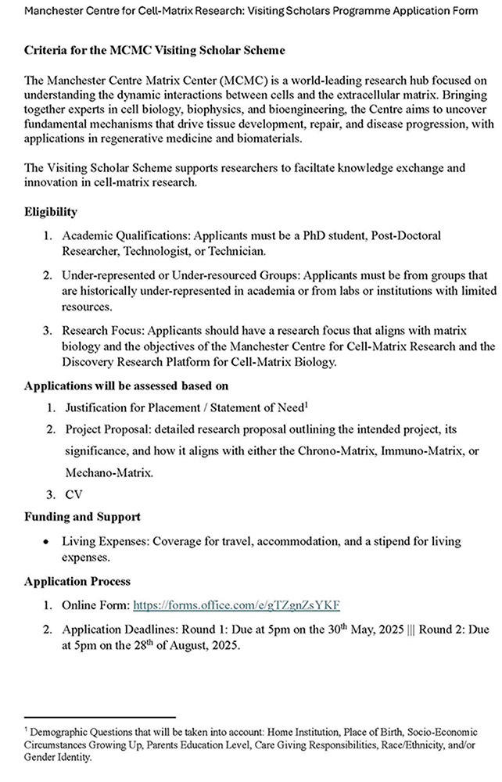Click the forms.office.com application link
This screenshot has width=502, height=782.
pos(237,605)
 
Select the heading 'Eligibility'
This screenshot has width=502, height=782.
pos(50,212)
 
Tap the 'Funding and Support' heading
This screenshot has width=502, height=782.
pos(82,517)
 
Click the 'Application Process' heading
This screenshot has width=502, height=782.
pos(77,582)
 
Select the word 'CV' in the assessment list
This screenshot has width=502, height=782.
pos(74,494)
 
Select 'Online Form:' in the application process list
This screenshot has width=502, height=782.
pos(96,605)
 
